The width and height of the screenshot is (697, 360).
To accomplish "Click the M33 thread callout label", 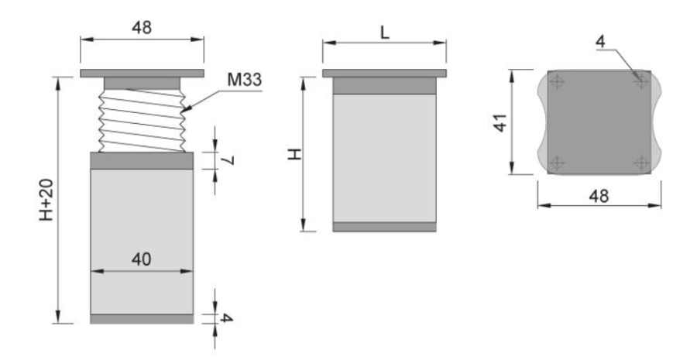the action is click(x=245, y=80).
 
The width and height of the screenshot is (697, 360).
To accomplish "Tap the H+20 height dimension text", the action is click(x=46, y=200).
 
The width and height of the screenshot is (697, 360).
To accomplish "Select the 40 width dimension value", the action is click(x=142, y=259).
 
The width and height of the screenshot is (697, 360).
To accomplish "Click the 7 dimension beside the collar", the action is click(x=228, y=160).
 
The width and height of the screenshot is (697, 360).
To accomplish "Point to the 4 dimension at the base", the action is click(x=227, y=318).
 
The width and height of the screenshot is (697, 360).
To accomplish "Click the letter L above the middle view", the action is click(x=385, y=33).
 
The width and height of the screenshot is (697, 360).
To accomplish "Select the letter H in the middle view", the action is click(x=295, y=154).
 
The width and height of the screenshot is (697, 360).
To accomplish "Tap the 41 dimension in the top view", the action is click(x=501, y=122).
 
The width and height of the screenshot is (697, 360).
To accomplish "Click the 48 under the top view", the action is click(x=599, y=196).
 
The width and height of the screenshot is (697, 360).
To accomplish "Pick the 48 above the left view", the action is click(x=142, y=28).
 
